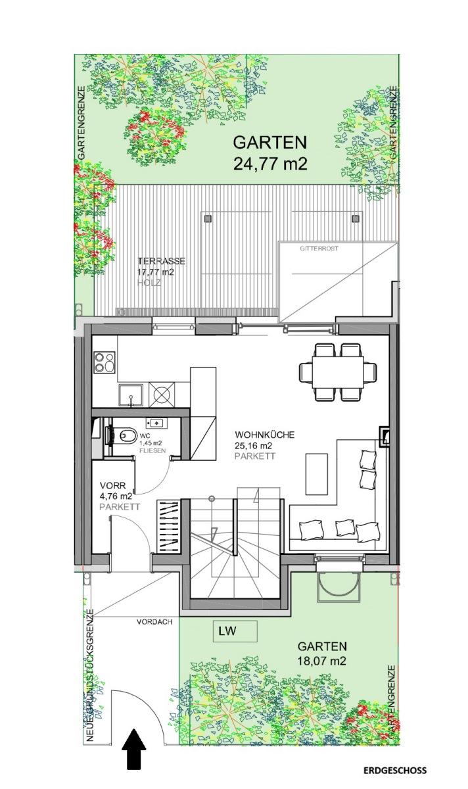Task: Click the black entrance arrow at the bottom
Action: pos(135,748)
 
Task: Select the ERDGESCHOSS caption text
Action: pos(394,771)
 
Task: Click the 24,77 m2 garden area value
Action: pos(270,162)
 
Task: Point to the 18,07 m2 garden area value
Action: pos(321,661)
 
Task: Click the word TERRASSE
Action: pos(161,261)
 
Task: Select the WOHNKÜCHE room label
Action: pos(265,435)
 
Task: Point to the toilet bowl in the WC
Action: pos(128,435)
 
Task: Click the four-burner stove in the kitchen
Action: pos(104,361)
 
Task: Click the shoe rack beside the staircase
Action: pos(168,525)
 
